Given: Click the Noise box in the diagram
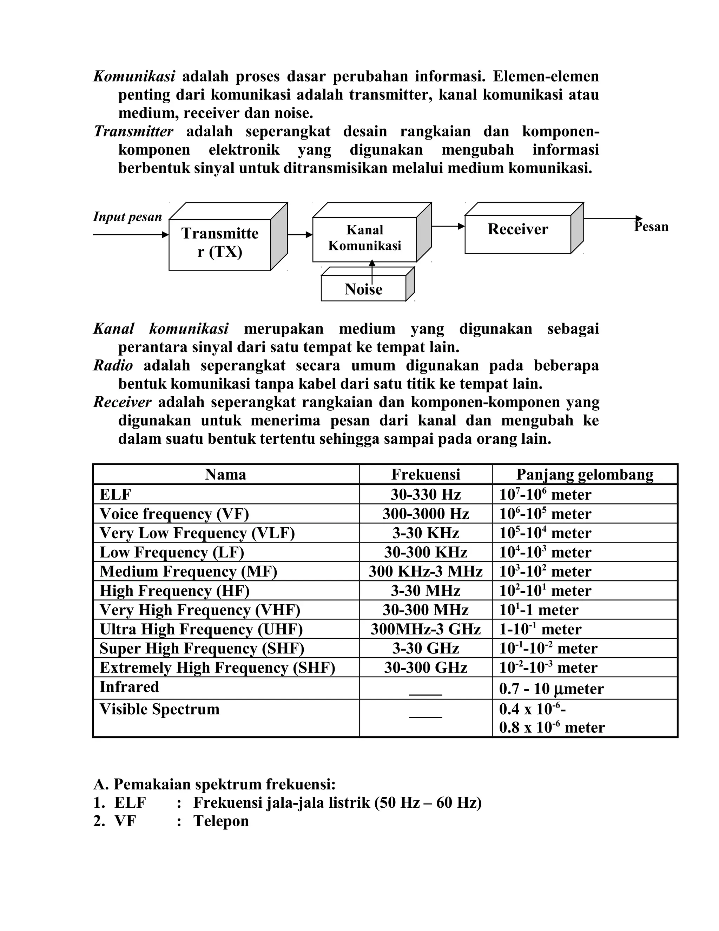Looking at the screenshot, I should tap(363, 289).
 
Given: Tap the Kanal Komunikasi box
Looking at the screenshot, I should tap(365, 238).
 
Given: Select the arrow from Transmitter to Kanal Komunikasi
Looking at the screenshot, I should tap(300, 234).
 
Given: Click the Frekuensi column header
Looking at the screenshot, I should tap(426, 474).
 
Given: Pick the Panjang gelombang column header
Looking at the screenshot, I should tap(585, 474).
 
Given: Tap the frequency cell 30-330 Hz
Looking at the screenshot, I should tap(426, 495).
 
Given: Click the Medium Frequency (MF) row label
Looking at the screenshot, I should tap(188, 571).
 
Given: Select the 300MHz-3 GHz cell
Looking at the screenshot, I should tap(426, 629).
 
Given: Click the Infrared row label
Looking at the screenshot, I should tap(129, 687).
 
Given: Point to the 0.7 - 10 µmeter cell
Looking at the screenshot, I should tap(551, 689).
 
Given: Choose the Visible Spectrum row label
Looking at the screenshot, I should tap(159, 709).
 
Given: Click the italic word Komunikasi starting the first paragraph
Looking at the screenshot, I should tap(134, 76).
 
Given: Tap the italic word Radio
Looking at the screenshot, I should tap(113, 365).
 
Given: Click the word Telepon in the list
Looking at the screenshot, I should tap(221, 821).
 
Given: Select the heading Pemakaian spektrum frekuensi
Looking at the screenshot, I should tap(224, 784).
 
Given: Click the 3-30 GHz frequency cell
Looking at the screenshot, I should tap(426, 649).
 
